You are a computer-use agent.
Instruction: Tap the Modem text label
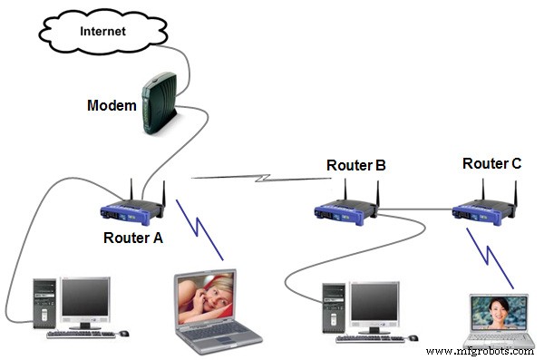click(112, 105)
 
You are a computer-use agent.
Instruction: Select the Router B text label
click(356, 166)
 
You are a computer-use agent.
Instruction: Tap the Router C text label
click(491, 164)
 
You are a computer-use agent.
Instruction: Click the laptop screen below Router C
click(497, 316)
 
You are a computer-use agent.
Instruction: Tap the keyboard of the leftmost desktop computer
click(82, 335)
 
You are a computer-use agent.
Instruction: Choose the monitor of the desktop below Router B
click(374, 305)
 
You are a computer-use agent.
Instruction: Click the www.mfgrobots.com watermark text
click(480, 350)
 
